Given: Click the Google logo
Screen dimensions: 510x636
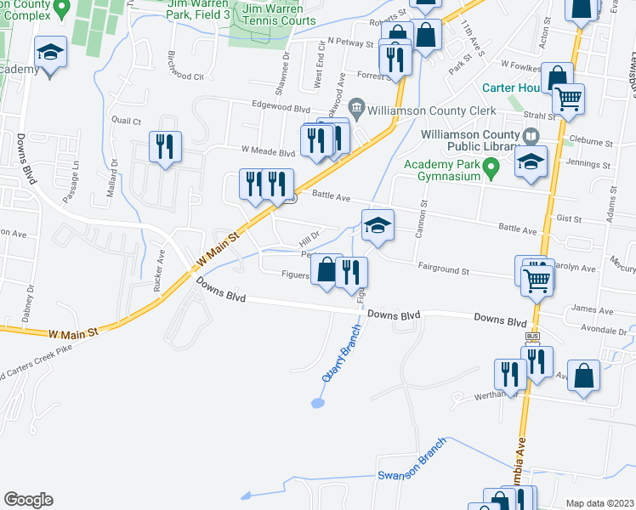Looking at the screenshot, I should coord(28,500).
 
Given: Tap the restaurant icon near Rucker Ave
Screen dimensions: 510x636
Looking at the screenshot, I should coord(162,146).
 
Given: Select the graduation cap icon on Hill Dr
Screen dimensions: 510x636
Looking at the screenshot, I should coord(378,225).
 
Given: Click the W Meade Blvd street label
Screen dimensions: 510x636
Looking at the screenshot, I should coord(268,150).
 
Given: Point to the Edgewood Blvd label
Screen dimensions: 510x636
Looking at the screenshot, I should coord(281,108).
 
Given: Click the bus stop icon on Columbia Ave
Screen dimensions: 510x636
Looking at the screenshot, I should coord(532,337).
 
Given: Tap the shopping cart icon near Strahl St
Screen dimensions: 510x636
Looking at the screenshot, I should coord(569,99).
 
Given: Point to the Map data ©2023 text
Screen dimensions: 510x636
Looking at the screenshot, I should coord(599,503).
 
